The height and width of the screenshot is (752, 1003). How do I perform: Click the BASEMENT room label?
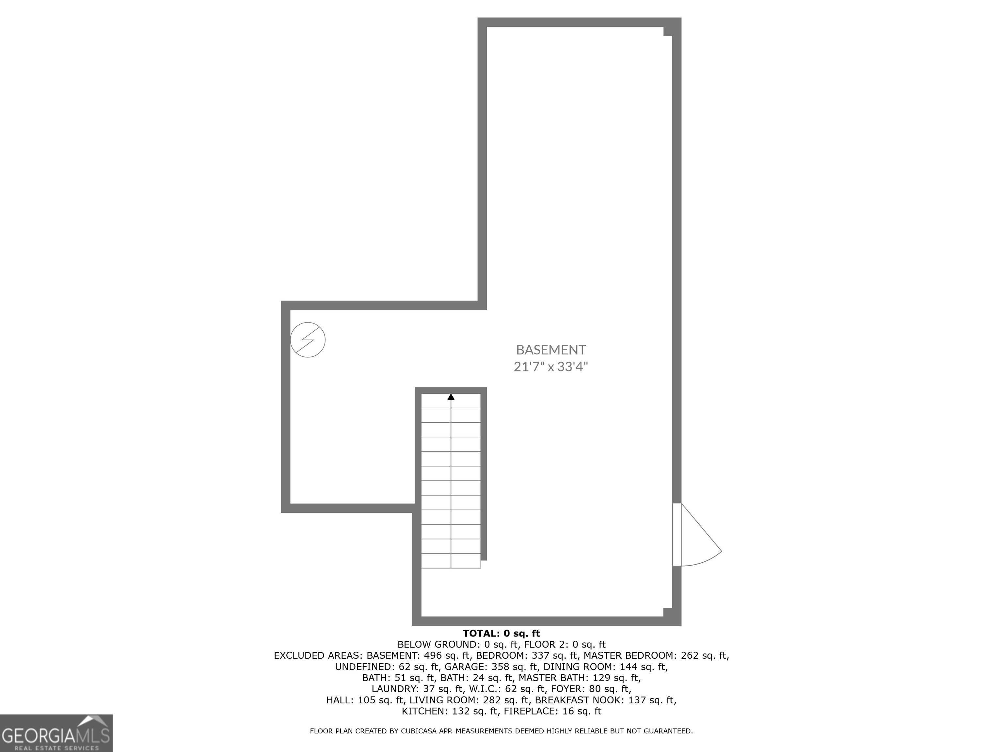tap(551, 350)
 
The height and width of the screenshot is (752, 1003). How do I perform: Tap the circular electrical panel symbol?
tap(308, 340)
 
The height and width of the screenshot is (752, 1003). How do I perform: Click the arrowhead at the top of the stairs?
tap(451, 397)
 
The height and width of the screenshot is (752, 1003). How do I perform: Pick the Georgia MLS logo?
tap(56, 733)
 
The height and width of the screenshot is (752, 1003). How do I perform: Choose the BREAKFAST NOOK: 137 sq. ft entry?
tap(605, 700)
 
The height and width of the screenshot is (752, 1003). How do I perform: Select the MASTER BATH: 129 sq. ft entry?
tap(580, 678)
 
